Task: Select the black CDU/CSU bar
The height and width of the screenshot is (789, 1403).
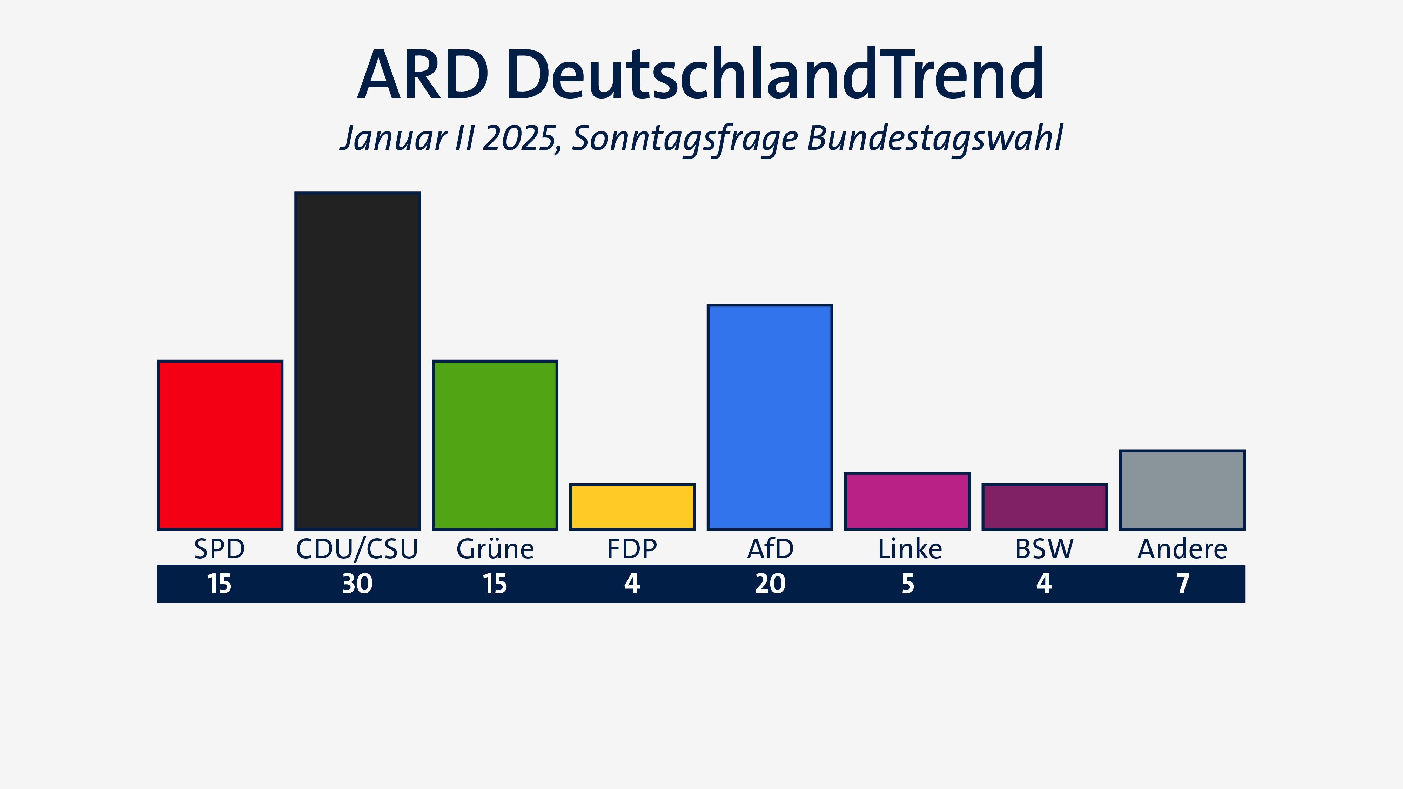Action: point(357,360)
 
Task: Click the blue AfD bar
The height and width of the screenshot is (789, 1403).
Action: point(770,417)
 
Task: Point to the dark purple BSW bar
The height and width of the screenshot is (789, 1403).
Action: point(1045,506)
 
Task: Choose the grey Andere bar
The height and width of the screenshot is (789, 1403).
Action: point(1182,490)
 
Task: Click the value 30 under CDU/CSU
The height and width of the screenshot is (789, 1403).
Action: point(357,584)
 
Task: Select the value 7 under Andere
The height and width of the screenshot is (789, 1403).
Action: point(1182,584)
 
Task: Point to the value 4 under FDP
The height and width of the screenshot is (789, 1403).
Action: point(632,584)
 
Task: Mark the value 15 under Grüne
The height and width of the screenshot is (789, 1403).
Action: point(495,584)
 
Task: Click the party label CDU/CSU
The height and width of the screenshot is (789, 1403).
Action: point(357,549)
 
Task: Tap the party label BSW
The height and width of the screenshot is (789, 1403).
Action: point(1044,549)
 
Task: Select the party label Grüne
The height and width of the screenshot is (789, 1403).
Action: point(495,549)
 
